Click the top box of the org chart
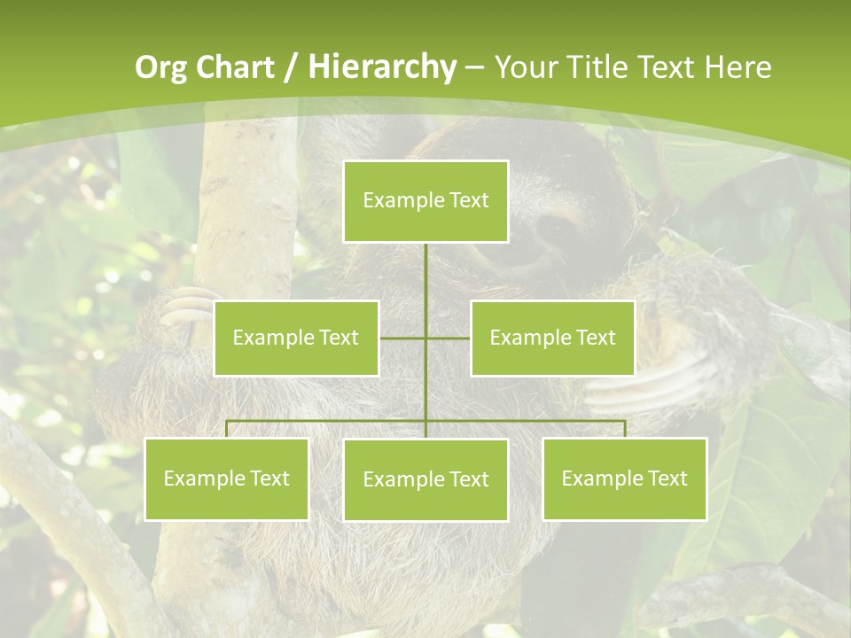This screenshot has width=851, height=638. pyautogui.click(x=425, y=201)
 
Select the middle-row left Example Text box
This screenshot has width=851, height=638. pyautogui.click(x=296, y=338)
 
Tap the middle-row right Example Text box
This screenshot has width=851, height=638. pyautogui.click(x=552, y=338)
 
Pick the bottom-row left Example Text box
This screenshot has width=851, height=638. pyautogui.click(x=226, y=478)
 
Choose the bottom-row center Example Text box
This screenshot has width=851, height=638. pyautogui.click(x=425, y=479)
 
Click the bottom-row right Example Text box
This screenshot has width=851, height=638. pyautogui.click(x=624, y=478)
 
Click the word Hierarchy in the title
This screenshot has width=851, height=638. pyautogui.click(x=382, y=67)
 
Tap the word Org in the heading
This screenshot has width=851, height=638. pyautogui.click(x=160, y=67)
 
